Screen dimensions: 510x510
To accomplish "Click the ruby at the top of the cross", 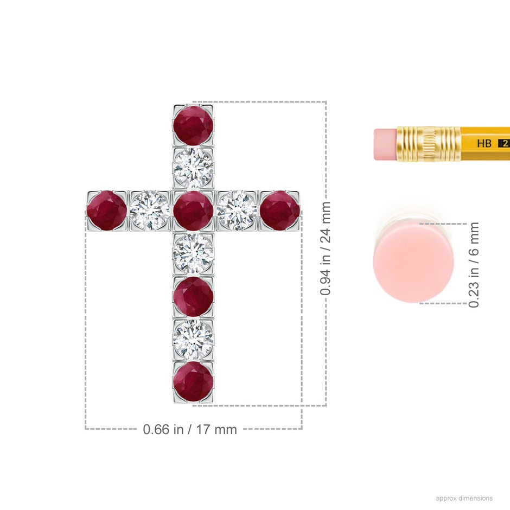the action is click(x=193, y=125).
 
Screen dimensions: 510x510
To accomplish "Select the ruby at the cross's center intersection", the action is click(x=193, y=211).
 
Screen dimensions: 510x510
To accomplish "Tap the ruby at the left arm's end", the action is click(x=107, y=211).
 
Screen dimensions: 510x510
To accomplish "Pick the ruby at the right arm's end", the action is click(x=280, y=211).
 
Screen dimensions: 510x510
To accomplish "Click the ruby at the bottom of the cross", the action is click(x=193, y=381).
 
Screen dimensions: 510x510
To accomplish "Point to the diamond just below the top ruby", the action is click(x=193, y=168).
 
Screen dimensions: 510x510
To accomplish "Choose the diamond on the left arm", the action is click(x=150, y=211).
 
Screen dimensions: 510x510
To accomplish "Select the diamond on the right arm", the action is click(x=237, y=211).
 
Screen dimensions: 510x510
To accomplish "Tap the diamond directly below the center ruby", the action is click(x=193, y=254).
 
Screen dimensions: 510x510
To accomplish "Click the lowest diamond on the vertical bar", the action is click(x=193, y=339).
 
